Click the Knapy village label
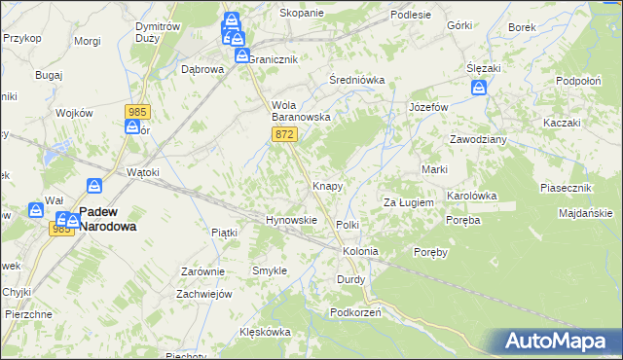(325, 185)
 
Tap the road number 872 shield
(284, 134)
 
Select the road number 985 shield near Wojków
(135, 113)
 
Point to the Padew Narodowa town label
(107, 218)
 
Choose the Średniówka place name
(357, 80)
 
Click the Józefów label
(428, 106)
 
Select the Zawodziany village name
(477, 139)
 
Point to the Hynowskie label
(292, 220)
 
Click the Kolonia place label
(359, 251)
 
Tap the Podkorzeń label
(354, 312)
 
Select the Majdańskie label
(586, 212)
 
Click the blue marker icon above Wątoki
(95, 185)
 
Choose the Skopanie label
(274, 13)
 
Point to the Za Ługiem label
(407, 201)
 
